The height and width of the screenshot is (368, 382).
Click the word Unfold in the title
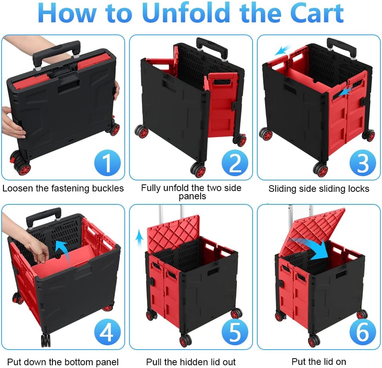(x=186, y=13)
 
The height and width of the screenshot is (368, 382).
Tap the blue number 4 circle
(x=107, y=332)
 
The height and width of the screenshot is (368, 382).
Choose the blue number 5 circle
(x=235, y=332)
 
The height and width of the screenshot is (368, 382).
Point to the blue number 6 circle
(x=362, y=332)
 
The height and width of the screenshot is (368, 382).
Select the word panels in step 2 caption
(x=192, y=196)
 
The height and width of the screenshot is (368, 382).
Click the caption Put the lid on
(x=319, y=361)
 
